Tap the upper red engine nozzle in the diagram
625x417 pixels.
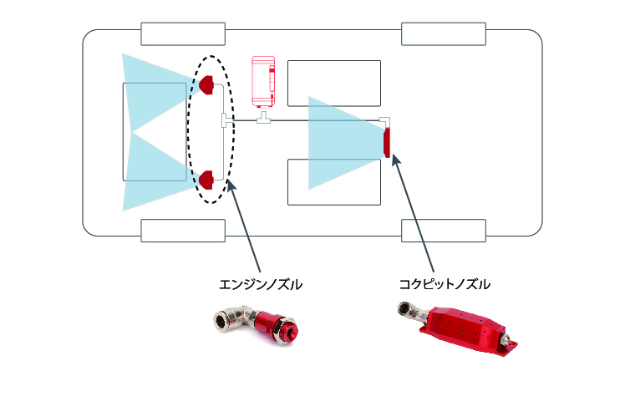point(206,83)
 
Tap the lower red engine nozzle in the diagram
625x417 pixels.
point(207,178)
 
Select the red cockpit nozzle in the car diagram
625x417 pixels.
point(387,143)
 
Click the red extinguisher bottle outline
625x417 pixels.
point(264,81)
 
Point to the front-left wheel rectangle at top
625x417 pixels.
point(183,34)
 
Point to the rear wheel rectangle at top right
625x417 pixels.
point(444,34)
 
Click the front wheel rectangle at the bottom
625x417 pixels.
point(183,231)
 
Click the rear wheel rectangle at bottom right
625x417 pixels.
point(444,231)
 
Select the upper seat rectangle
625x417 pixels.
point(333,83)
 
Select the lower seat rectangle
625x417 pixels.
point(333,182)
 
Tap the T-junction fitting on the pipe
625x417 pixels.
point(265,122)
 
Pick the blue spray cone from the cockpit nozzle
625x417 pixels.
point(338,143)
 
